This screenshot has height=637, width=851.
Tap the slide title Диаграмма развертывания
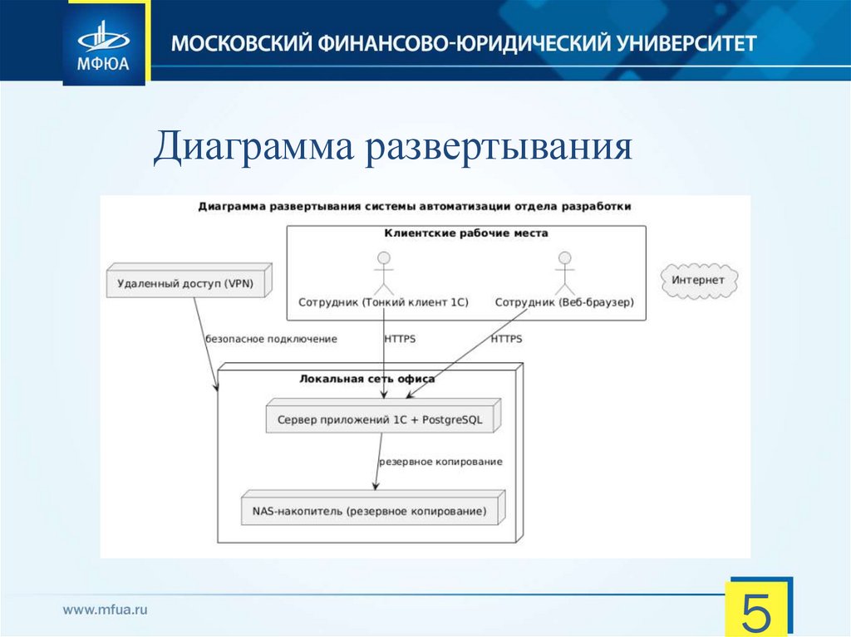[x=393, y=147]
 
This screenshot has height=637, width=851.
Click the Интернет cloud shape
[x=698, y=281]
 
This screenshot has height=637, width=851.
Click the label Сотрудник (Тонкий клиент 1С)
[x=383, y=303]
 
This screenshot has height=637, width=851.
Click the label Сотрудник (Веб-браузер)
[x=564, y=303]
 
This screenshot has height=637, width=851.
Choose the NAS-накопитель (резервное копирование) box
[x=371, y=510]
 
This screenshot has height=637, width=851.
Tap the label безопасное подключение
[x=271, y=339]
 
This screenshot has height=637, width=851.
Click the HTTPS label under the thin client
[x=400, y=339]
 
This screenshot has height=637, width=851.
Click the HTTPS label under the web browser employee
[x=506, y=339]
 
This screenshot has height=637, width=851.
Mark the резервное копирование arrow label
[x=440, y=461]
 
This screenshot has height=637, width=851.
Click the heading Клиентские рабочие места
[x=465, y=233]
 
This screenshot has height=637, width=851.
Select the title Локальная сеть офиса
[x=366, y=379]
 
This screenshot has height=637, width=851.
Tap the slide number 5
[x=759, y=612]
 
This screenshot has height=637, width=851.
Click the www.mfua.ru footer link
[x=106, y=610]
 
